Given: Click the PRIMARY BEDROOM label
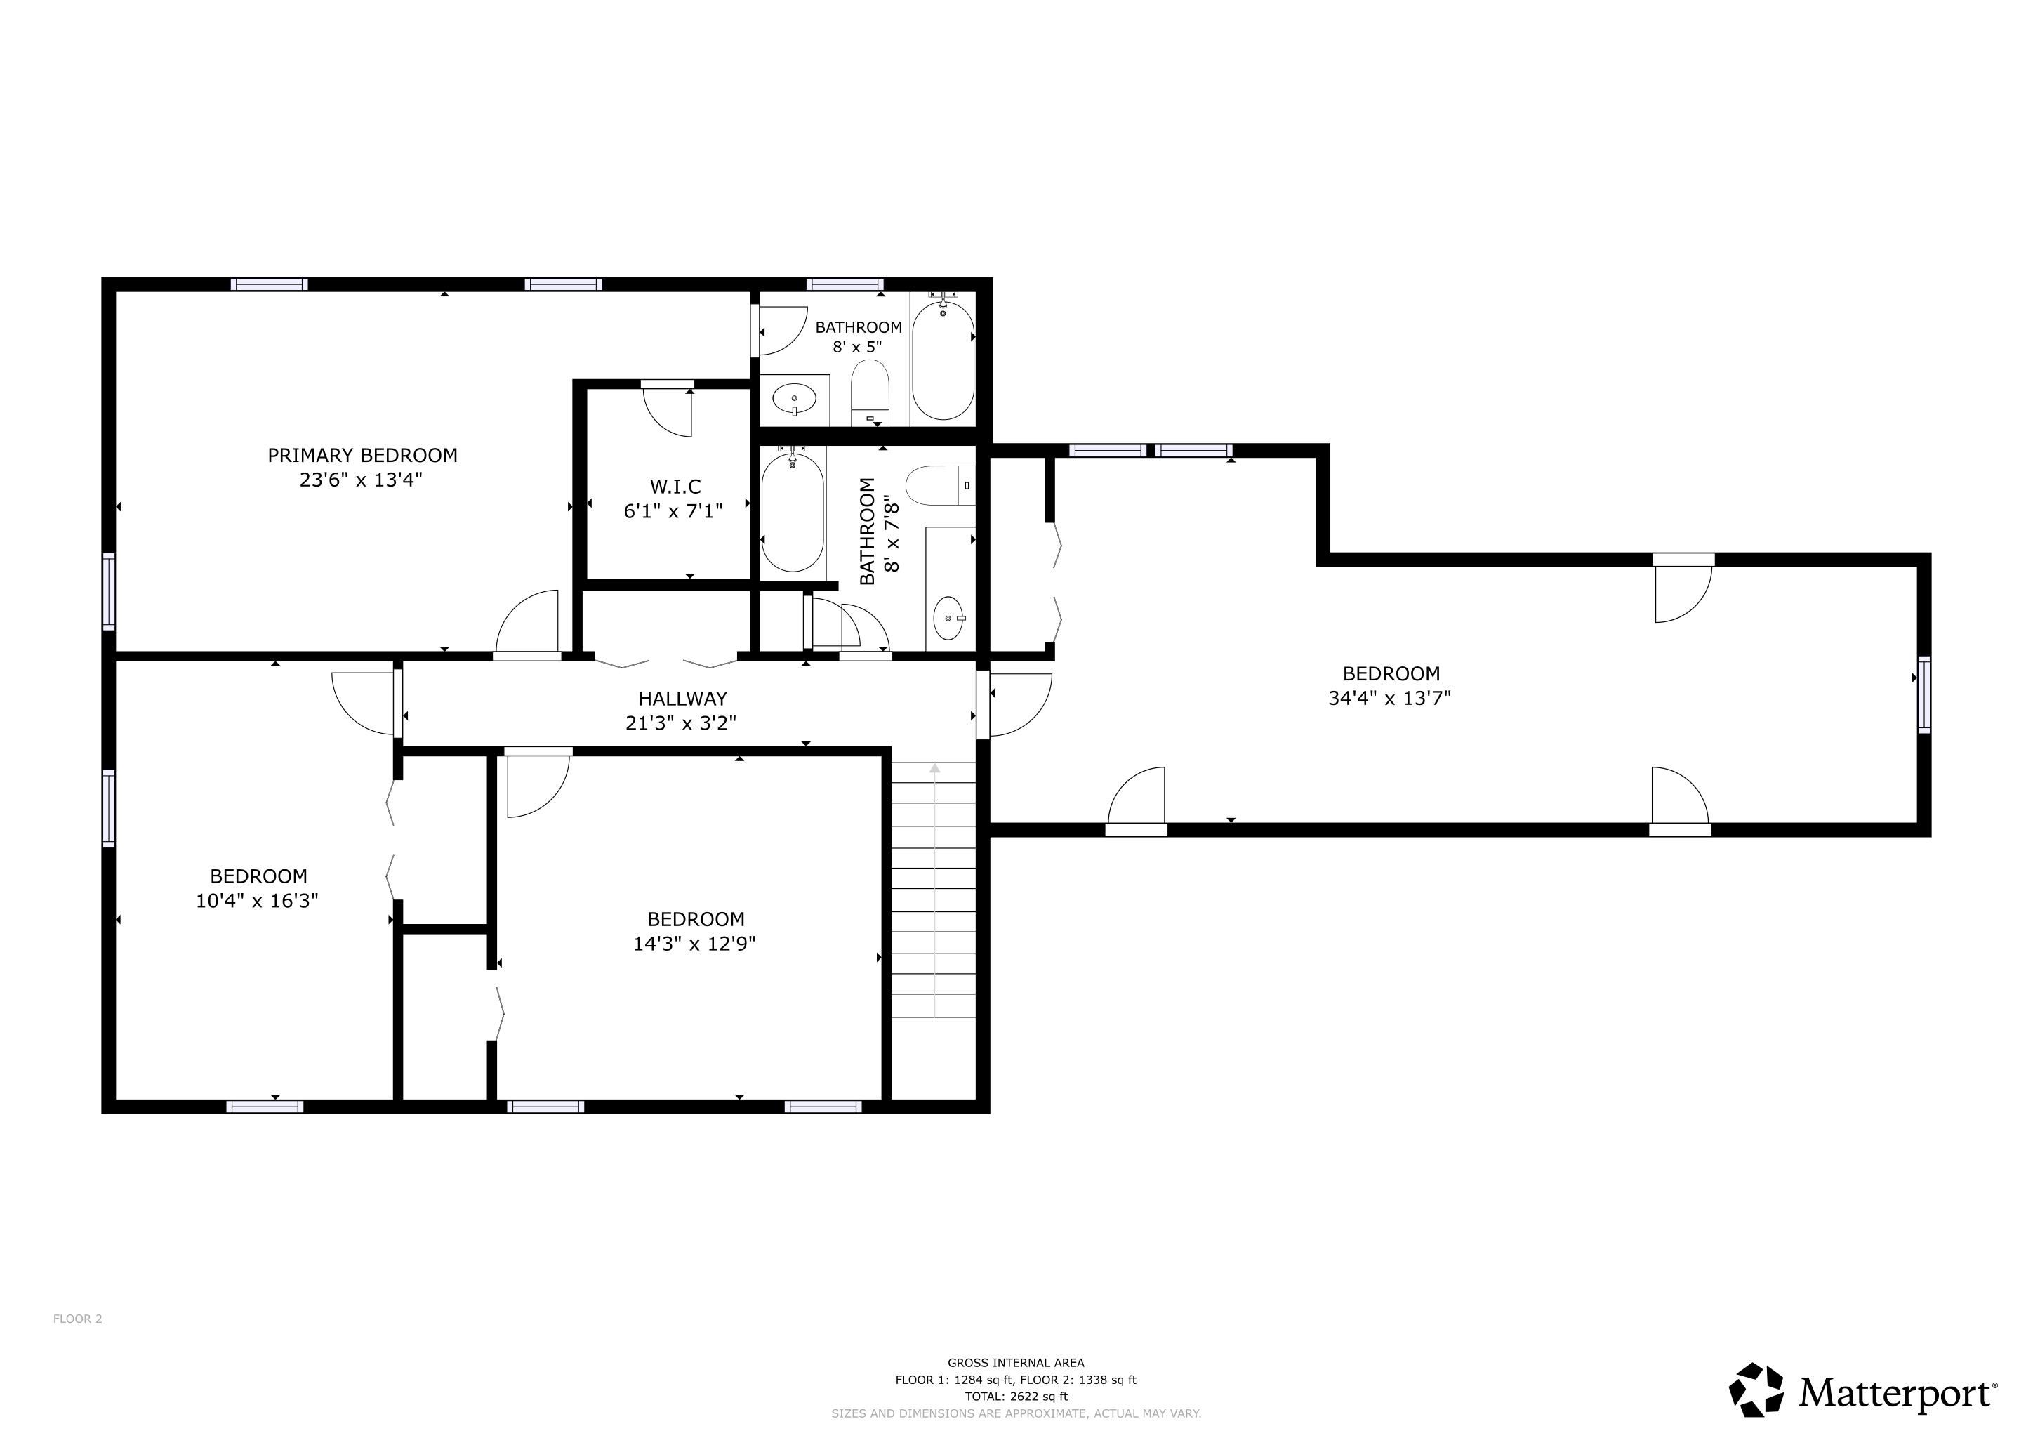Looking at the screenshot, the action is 362,455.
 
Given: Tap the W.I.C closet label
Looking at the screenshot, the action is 675,486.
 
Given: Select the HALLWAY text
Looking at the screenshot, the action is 682,699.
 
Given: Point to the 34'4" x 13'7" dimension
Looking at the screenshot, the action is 1389,698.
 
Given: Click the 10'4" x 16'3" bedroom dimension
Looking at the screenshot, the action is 257,901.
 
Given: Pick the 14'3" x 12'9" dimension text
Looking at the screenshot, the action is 694,944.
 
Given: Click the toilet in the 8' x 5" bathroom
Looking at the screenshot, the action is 870,391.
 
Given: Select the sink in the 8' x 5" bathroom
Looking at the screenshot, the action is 795,400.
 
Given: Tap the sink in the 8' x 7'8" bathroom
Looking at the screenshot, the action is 949,617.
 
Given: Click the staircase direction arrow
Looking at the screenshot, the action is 935,890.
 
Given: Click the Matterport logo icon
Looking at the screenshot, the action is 1756,1390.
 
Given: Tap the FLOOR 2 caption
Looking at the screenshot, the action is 78,1319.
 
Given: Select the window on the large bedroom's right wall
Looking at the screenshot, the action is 1924,694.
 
